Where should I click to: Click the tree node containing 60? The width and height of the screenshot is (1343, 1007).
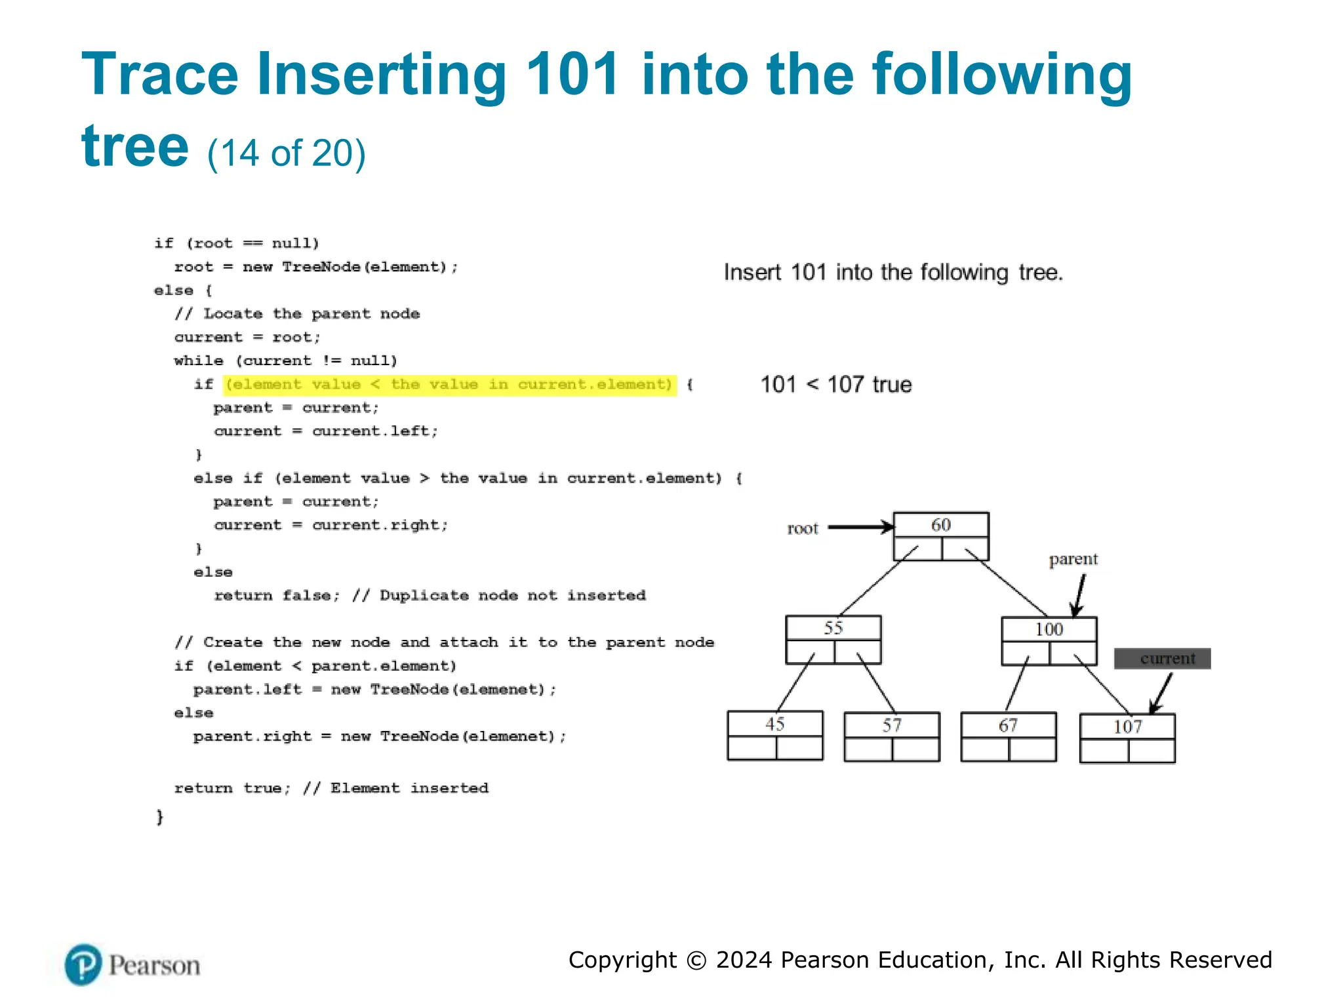pos(941,536)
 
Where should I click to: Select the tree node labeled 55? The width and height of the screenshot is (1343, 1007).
pos(833,639)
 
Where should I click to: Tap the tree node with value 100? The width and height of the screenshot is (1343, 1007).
pos(1049,641)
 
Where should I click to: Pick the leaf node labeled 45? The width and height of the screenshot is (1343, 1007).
pos(775,735)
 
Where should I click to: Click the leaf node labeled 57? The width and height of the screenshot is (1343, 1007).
pos(892,736)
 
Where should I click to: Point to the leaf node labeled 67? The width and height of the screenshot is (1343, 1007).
pos(1008,736)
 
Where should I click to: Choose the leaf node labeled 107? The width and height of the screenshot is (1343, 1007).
pos(1127,738)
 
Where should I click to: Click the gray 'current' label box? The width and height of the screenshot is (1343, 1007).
pos(1162,658)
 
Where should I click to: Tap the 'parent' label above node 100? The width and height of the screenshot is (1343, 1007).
pos(1073,559)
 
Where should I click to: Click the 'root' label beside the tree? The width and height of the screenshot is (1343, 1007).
pos(803,528)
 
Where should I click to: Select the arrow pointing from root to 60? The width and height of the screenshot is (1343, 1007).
pos(860,526)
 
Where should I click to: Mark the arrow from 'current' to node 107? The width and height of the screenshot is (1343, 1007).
pos(1161,694)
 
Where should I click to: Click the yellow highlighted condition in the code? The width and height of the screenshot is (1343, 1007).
pos(449,384)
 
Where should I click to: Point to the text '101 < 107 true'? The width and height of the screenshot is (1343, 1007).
pos(835,384)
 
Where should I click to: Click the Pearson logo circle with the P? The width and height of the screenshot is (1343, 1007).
pos(83,964)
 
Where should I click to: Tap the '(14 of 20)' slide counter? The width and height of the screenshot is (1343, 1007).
pos(286,153)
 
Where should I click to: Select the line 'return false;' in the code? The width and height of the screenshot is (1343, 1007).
pos(276,595)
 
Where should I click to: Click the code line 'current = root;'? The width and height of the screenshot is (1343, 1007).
pos(247,337)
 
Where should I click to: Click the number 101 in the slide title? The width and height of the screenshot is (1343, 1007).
pos(572,74)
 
